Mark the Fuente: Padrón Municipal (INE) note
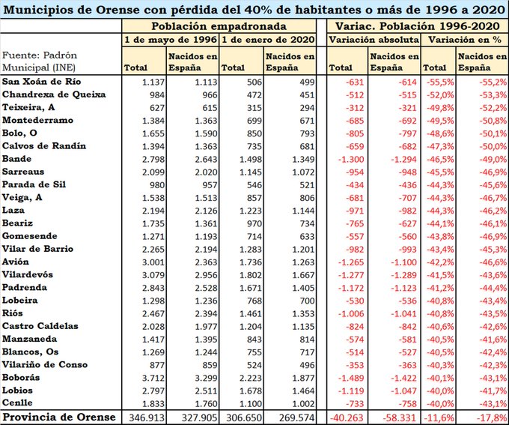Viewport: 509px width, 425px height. [40, 61]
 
